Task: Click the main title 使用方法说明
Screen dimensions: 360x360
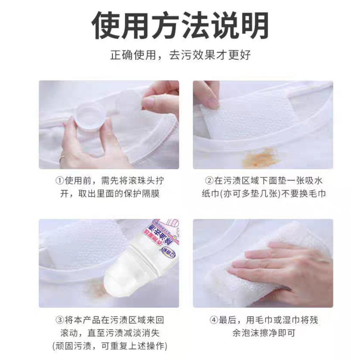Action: (x=180, y=26)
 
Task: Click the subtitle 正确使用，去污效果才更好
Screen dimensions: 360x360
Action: (x=180, y=55)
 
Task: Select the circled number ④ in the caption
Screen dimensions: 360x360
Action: (x=214, y=319)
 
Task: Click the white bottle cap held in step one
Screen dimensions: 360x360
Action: (x=89, y=118)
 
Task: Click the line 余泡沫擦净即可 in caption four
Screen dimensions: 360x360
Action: (x=264, y=333)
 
